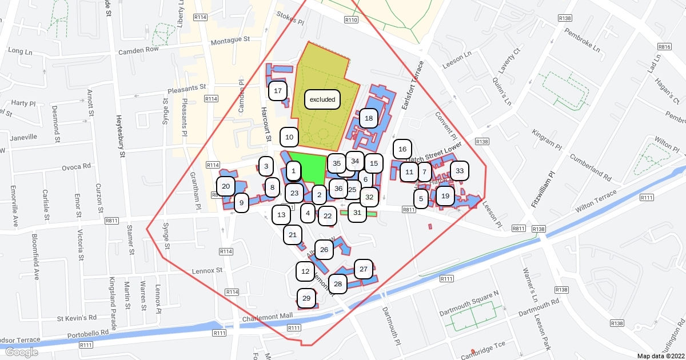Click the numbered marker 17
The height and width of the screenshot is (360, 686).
point(278,91)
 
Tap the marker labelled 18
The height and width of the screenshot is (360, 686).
point(369,118)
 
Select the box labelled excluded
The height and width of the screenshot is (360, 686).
point(322,99)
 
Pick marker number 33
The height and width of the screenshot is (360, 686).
point(459,171)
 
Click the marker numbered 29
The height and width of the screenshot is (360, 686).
point(306,298)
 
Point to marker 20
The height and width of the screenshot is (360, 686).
point(226,186)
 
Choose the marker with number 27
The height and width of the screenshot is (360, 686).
point(364,269)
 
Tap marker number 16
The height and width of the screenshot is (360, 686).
point(402,149)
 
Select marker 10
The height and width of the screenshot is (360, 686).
point(289,137)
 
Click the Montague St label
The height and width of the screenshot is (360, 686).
point(231,41)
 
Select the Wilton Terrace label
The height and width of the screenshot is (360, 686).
point(596,201)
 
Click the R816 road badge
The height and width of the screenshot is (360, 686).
point(664,47)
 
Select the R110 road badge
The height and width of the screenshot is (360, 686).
point(351,20)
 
